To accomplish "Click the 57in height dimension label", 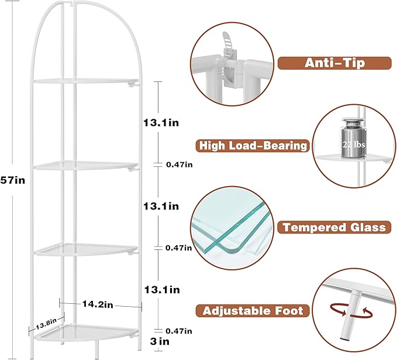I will tap(12, 181).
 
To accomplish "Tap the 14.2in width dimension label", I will tap(97, 305).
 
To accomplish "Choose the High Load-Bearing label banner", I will tap(253, 146).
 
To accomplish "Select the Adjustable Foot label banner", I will tap(253, 311).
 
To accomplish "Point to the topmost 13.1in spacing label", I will tap(161, 123).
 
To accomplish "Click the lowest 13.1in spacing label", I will tap(161, 290).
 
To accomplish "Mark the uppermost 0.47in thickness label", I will tap(179, 165).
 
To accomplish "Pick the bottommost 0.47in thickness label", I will tap(179, 331).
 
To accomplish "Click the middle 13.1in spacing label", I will tap(161, 206).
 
